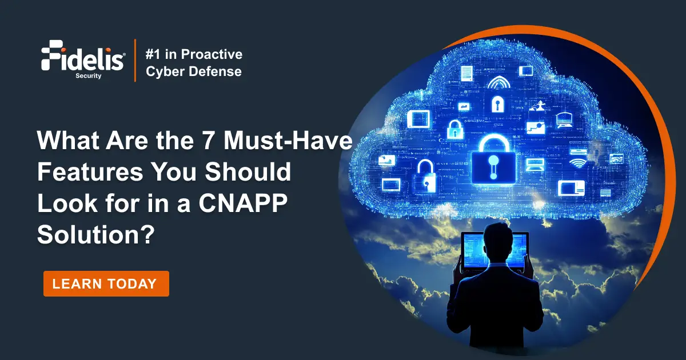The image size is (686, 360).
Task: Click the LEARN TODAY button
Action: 106,283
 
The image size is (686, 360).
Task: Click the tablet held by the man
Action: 495,251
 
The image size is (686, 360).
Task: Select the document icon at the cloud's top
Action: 467,73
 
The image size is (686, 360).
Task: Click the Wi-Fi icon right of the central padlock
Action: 578,163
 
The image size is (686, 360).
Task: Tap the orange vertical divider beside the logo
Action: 135,61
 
